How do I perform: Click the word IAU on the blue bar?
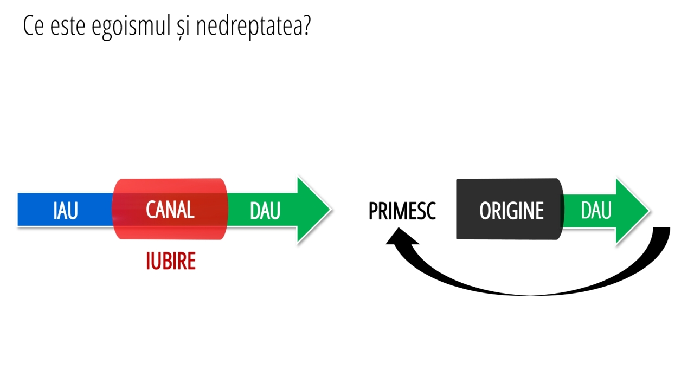point(66,211)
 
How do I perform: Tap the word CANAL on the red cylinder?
point(170,210)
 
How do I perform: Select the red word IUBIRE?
point(171,261)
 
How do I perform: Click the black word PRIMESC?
point(402,211)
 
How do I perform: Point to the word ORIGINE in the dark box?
point(511,211)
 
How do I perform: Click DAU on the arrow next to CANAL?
point(265,211)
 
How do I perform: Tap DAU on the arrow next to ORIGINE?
point(596,211)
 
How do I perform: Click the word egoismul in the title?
point(131,27)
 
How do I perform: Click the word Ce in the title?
point(34,26)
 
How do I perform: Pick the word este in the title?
point(68,27)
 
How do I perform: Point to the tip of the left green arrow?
point(331,210)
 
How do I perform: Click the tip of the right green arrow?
point(650,211)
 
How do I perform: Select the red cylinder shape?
point(170,209)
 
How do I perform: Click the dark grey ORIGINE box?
point(510,209)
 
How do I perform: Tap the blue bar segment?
point(66,210)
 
